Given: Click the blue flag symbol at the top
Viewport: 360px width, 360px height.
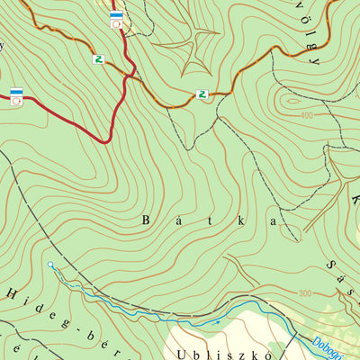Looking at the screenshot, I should (x=116, y=14).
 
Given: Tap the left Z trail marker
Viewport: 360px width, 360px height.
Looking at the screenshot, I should (x=98, y=59).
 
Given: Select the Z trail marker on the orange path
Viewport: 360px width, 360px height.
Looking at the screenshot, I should (x=202, y=94).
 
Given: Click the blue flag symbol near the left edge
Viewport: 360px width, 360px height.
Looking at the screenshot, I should (x=16, y=91).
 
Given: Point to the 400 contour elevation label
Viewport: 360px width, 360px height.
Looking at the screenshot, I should (x=308, y=115).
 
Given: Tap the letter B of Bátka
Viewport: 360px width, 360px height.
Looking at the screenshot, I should (x=148, y=220).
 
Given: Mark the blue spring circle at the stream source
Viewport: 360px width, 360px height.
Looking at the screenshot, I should (x=51, y=265).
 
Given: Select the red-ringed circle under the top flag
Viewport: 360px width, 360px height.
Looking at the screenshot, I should (x=116, y=24).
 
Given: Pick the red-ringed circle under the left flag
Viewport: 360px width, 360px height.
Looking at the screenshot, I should (x=16, y=101).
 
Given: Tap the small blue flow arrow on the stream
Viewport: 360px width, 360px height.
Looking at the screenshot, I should (x=216, y=321).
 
